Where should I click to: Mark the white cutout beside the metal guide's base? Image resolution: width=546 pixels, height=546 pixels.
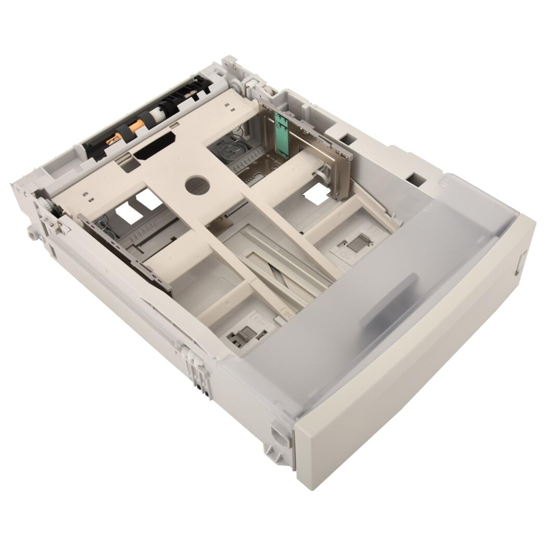[317, 193]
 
